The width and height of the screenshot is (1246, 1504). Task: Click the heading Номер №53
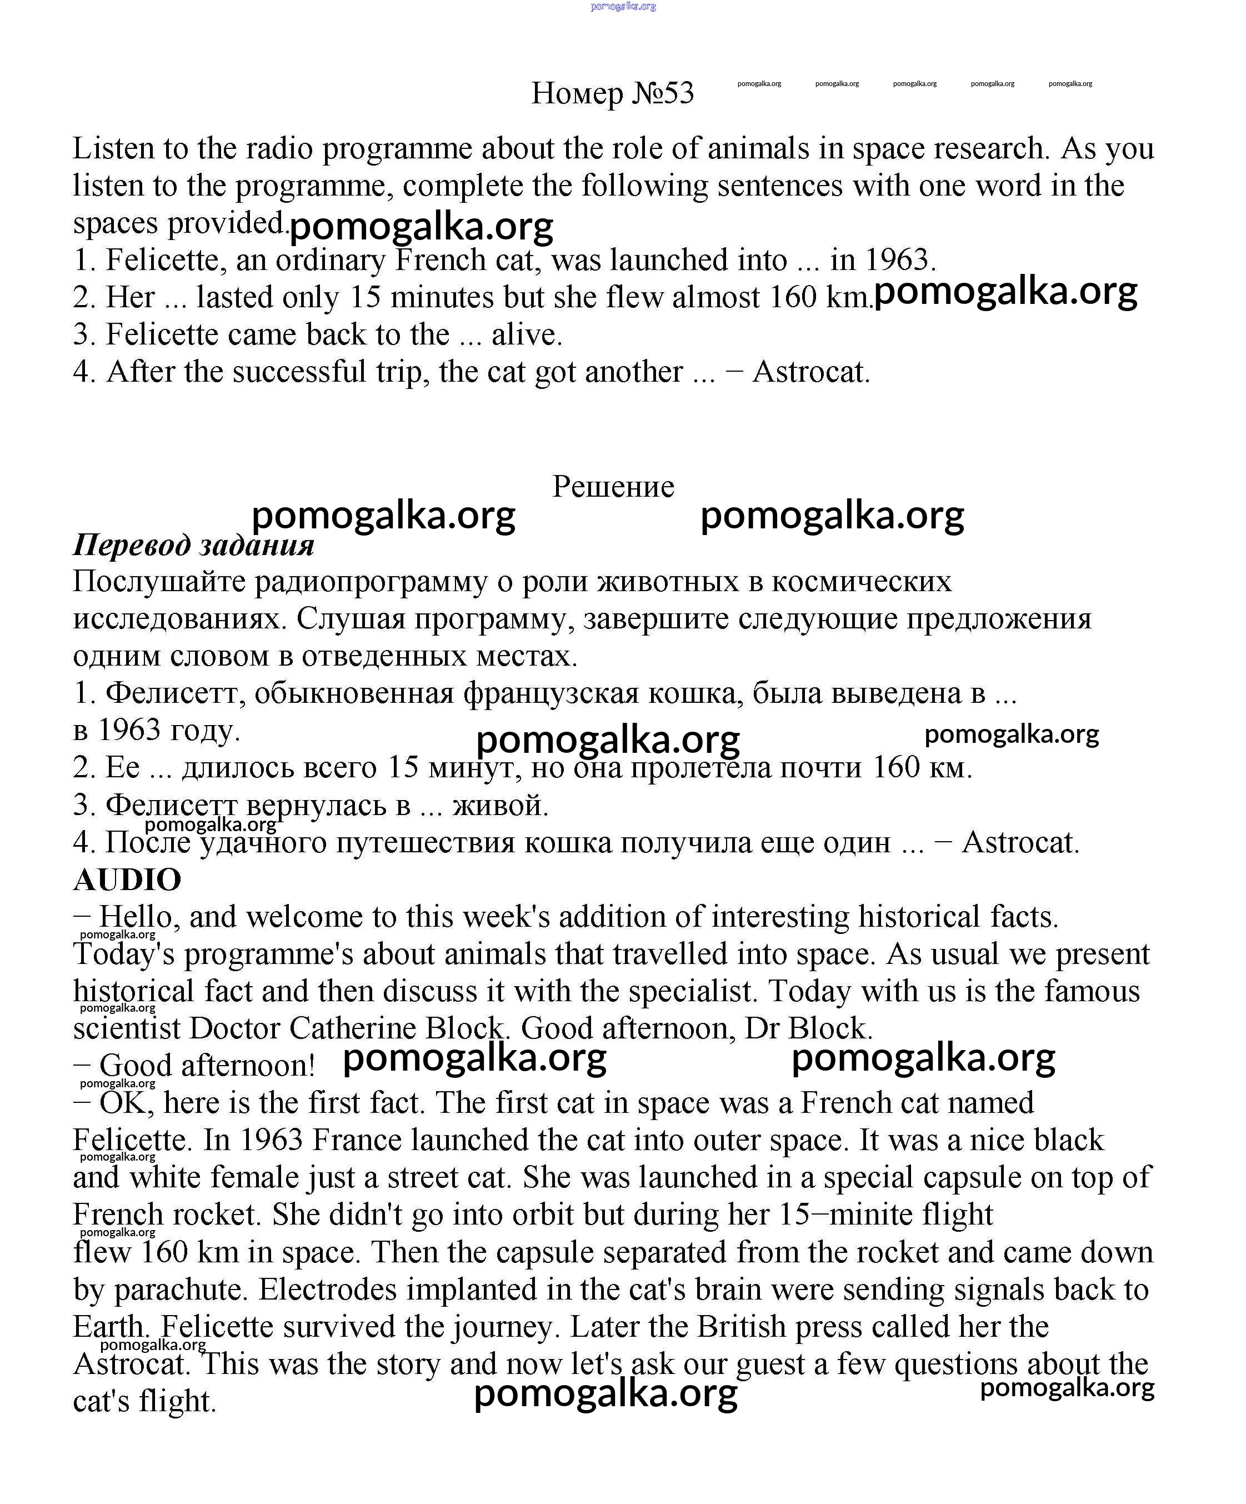point(612,93)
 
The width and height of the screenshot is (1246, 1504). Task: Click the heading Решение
point(613,487)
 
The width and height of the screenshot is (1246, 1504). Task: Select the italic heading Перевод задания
point(193,545)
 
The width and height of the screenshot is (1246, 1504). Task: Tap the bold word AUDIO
point(127,880)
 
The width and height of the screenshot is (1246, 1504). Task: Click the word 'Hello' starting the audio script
point(136,917)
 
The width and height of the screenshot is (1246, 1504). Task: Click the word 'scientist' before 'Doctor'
point(126,1028)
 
